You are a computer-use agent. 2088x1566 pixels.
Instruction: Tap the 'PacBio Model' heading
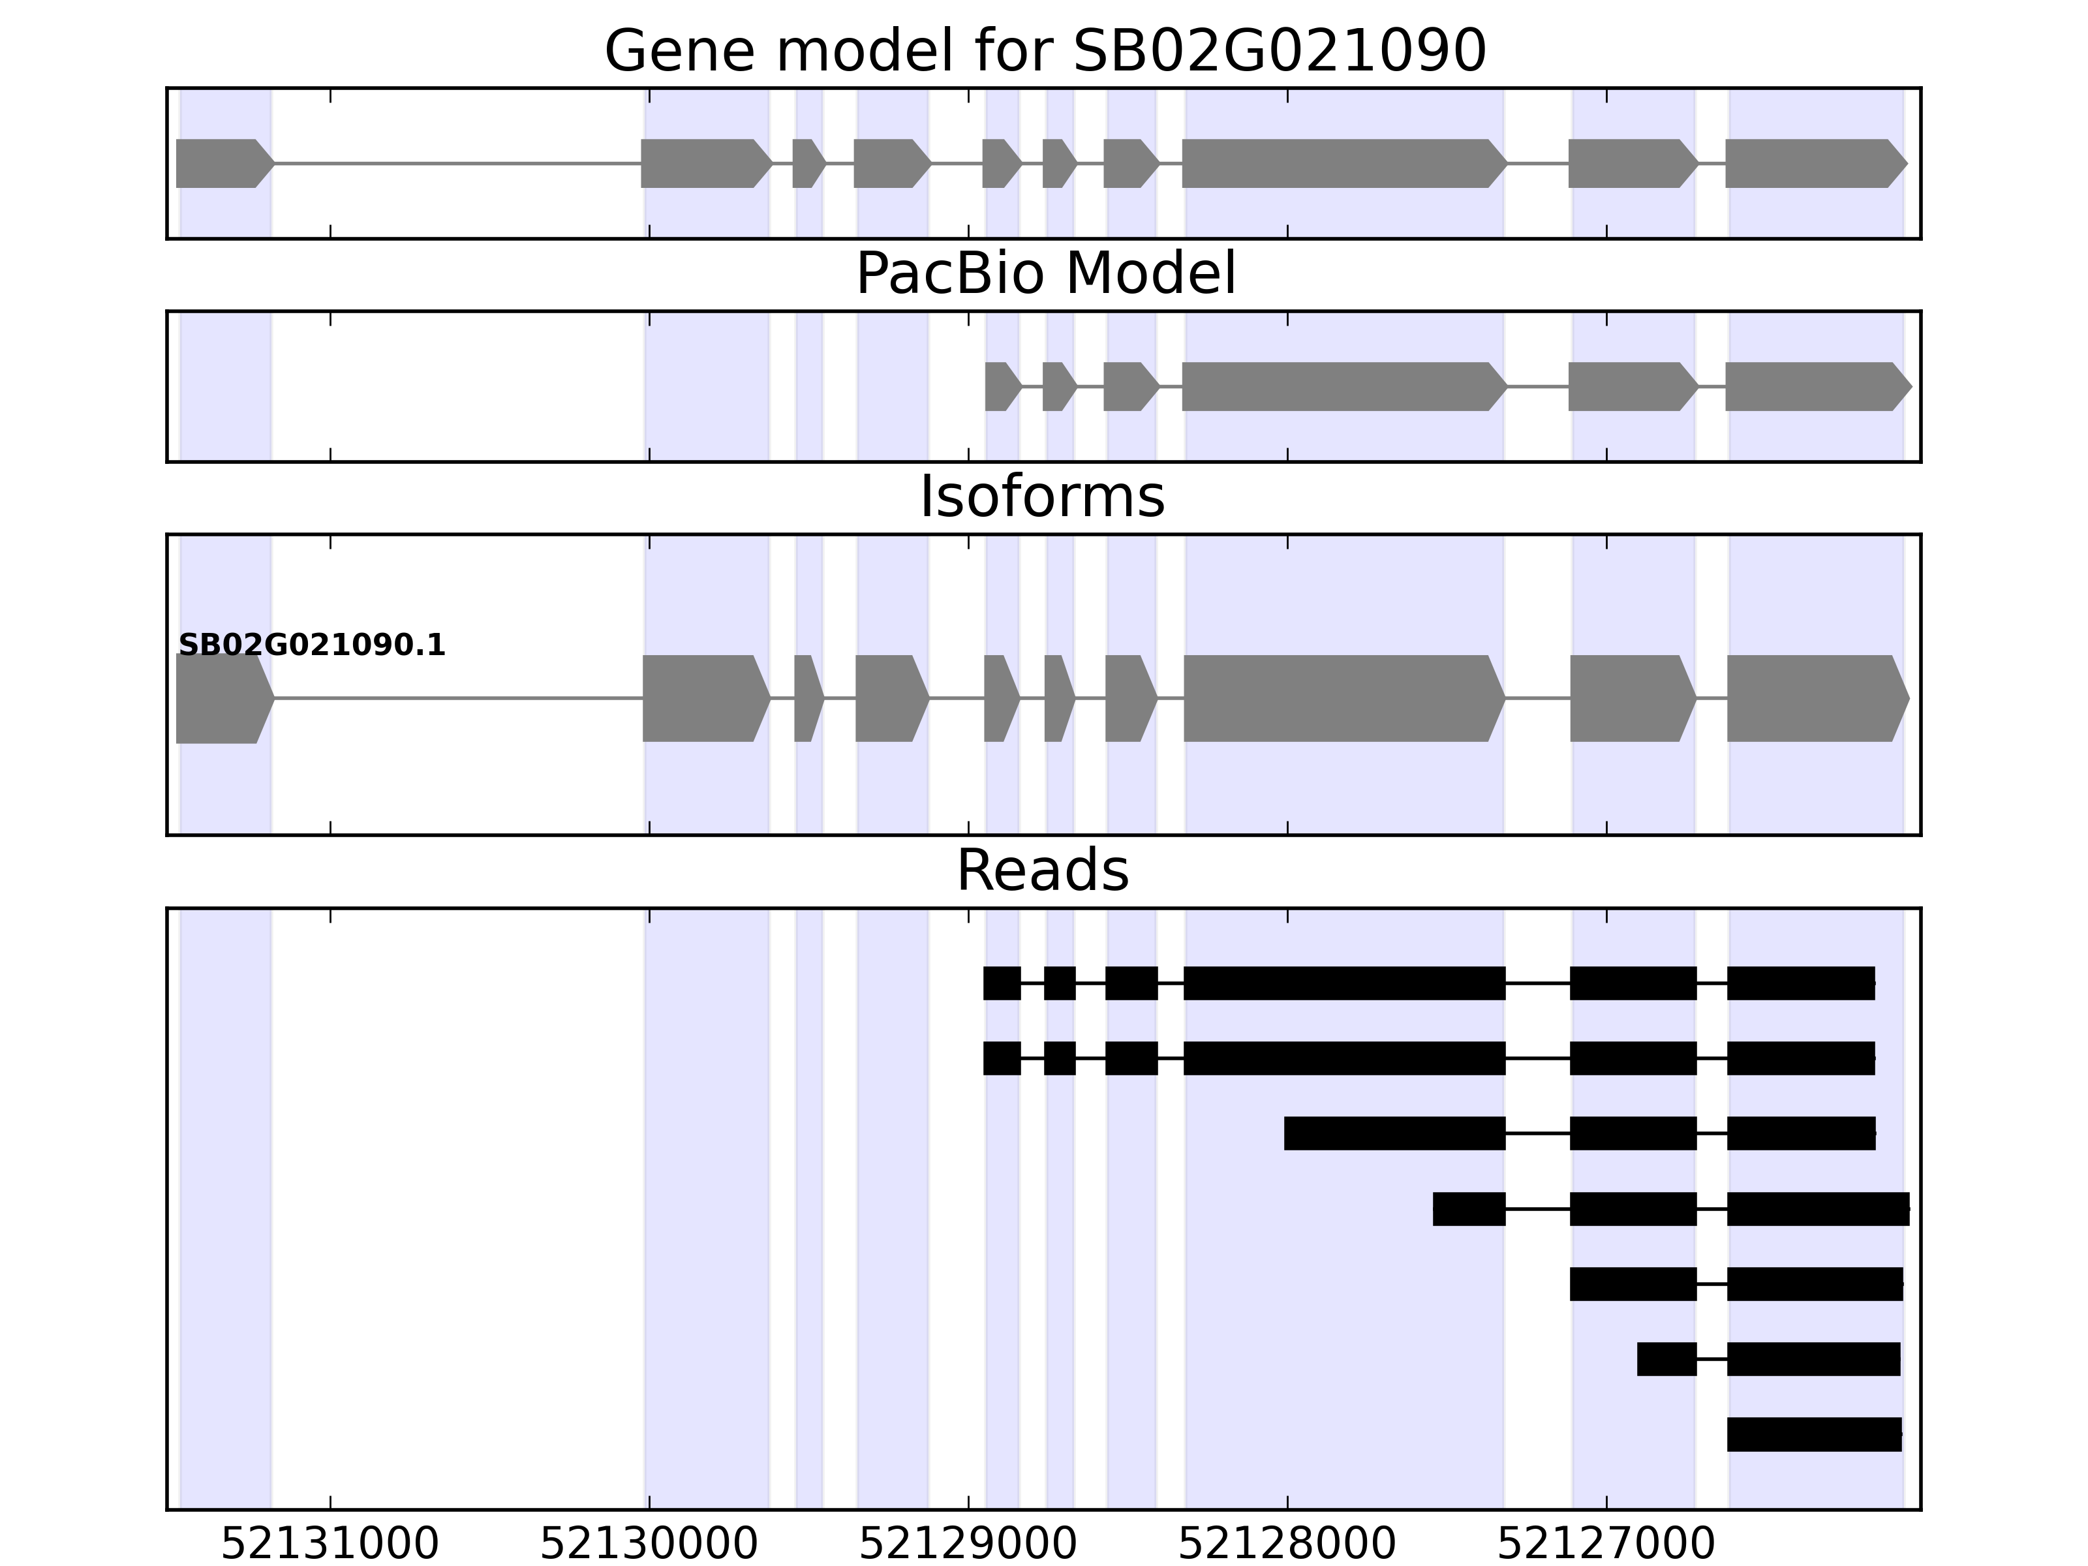pos(1044,274)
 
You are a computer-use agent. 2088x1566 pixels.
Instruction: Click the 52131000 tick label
pos(330,1543)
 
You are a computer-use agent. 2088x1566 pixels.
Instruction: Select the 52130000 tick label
pos(649,1543)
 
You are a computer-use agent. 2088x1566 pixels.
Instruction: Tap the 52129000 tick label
pos(968,1543)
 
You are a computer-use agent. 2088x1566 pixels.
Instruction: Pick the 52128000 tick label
pos(1287,1543)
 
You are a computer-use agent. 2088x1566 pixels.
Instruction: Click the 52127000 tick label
pos(1606,1543)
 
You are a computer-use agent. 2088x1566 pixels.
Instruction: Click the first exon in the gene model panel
pos(222,163)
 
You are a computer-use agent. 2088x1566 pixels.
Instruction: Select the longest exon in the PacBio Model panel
pos(1340,386)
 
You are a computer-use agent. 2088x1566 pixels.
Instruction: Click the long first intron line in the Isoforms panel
pos(458,699)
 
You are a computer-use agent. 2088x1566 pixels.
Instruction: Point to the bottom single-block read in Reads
pos(1813,1434)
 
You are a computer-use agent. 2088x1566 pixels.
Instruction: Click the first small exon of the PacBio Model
pos(1000,386)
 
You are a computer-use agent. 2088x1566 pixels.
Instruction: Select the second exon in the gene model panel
pos(703,163)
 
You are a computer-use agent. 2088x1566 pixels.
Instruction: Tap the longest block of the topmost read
pos(1343,983)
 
